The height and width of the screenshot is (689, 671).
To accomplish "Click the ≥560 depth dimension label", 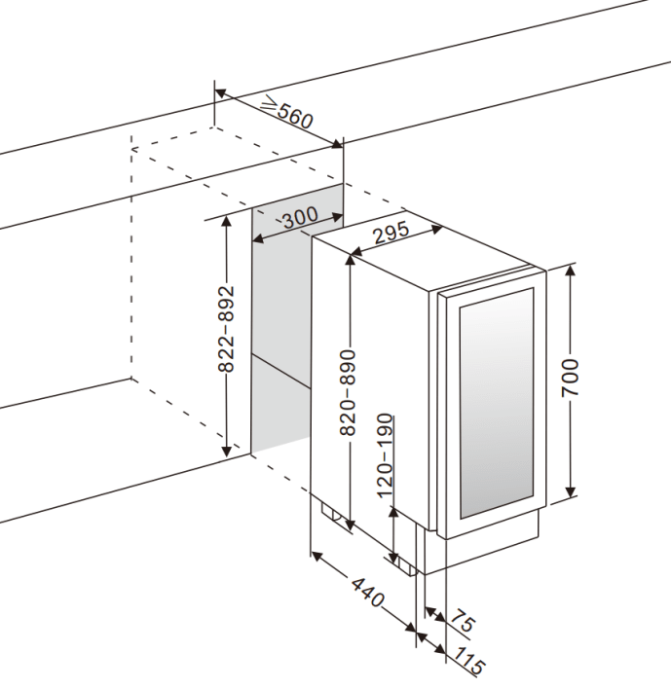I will point(287,114).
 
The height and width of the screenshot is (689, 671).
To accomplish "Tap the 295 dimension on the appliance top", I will point(390,234).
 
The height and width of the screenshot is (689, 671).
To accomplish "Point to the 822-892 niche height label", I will point(226,330).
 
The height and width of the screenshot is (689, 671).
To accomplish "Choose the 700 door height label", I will point(571,377).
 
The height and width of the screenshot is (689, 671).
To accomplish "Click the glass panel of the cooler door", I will point(497,404).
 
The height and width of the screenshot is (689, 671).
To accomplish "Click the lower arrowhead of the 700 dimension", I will point(571,498).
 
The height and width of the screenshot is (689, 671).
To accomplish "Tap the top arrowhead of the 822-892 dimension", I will point(226,218).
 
